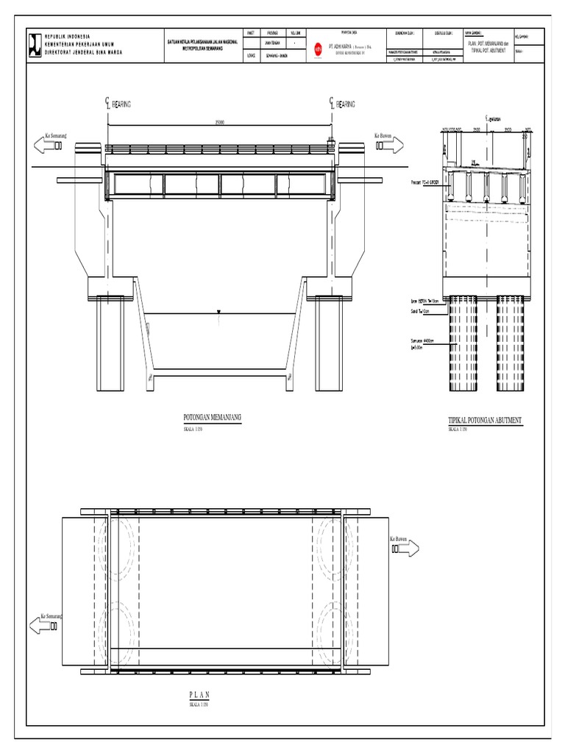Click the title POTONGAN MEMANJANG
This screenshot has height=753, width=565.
(x=213, y=417)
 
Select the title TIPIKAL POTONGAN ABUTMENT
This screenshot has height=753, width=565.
(x=485, y=420)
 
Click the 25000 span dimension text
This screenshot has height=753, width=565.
(x=219, y=122)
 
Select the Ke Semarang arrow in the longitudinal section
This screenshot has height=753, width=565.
(x=49, y=144)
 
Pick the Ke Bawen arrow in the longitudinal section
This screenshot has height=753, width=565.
(x=389, y=144)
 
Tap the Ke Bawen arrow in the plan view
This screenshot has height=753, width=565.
(x=404, y=548)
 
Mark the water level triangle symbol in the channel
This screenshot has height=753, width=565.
(x=219, y=315)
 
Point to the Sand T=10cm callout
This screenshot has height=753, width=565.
(x=420, y=311)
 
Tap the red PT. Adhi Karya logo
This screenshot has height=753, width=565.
(x=318, y=49)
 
